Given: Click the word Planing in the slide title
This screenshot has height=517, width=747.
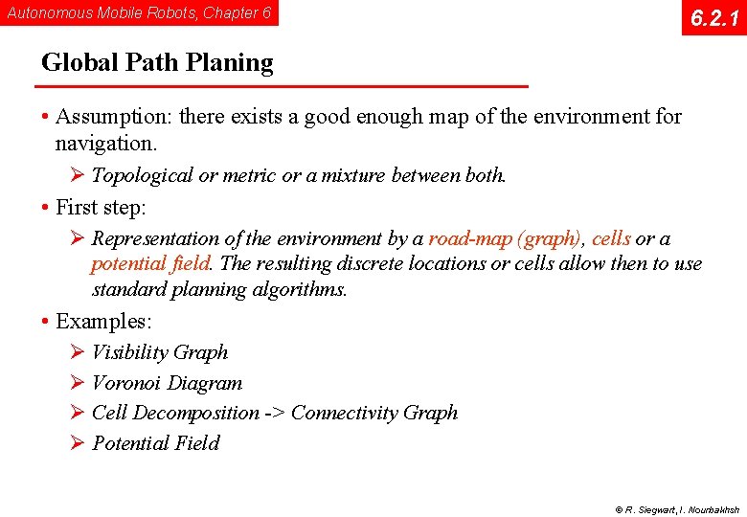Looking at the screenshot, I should click(230, 63).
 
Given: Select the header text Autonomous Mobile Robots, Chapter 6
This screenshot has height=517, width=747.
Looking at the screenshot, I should click(139, 13).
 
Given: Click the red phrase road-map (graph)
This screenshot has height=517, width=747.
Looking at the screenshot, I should click(505, 238).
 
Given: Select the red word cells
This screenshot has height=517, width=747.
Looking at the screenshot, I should click(611, 238).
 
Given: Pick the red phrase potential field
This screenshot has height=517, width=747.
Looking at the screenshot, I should click(150, 263).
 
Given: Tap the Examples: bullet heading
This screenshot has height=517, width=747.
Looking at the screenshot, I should click(103, 321).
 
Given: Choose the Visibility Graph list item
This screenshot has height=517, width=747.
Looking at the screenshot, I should click(160, 352).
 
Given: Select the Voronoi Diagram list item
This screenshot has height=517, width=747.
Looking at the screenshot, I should click(167, 383).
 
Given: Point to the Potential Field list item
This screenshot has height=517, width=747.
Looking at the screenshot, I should click(155, 443).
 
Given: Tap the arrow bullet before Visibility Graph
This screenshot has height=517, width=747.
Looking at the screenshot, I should click(79, 352).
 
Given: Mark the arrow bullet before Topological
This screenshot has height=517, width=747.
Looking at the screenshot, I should click(79, 175).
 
